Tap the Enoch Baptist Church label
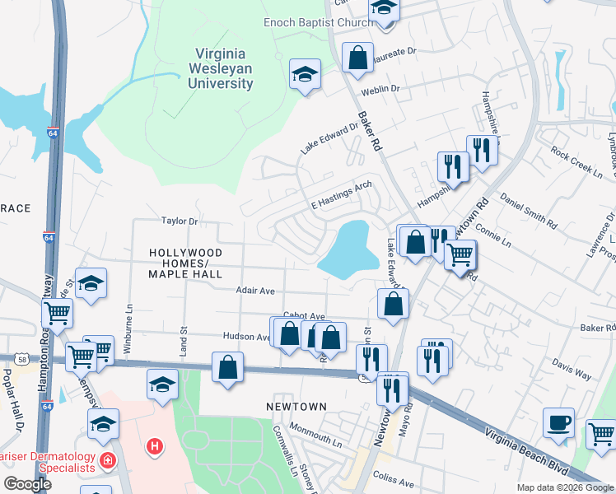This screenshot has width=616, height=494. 318,22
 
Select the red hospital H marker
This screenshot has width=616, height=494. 153,447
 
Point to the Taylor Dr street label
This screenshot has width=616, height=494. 180,221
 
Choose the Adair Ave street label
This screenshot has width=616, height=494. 254,291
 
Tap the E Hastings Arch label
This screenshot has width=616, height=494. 342,196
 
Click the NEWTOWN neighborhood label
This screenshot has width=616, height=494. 296,407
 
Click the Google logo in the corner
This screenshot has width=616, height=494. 27,484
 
